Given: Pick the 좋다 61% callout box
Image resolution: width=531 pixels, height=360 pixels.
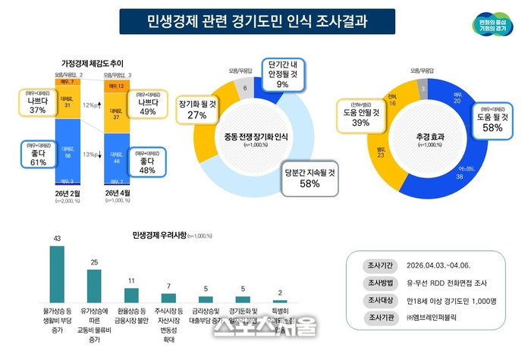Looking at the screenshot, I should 38,156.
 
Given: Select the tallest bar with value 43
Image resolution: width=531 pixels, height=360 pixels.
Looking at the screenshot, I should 57,274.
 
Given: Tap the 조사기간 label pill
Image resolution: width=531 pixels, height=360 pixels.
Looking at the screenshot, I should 377,267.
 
